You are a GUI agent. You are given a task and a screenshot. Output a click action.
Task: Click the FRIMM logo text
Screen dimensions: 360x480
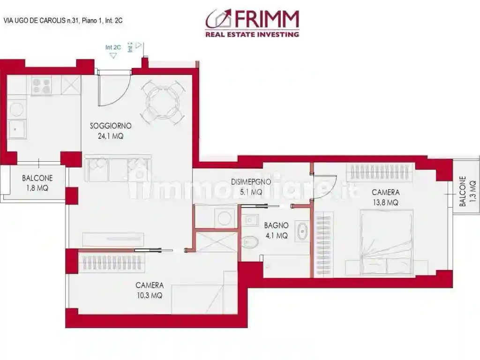[265, 19]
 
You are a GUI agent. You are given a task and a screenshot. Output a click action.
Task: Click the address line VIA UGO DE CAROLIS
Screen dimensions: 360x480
[63, 21]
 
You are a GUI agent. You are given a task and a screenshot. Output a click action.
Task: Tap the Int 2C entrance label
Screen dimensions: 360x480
[113, 47]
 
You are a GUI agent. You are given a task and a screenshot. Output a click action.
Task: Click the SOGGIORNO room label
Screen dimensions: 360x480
[111, 126]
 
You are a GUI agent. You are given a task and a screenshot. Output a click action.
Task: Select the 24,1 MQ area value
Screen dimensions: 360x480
[111, 136]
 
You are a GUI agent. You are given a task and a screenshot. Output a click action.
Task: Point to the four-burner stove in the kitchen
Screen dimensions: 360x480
[42, 85]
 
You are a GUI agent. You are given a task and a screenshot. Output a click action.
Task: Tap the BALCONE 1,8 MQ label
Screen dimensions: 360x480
[37, 183]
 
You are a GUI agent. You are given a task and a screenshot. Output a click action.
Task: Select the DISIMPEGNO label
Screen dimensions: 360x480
[250, 182]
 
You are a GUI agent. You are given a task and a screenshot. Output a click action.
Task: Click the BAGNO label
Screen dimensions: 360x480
[276, 225]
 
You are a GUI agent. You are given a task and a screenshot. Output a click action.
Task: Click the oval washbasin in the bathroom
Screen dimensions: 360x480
[302, 232]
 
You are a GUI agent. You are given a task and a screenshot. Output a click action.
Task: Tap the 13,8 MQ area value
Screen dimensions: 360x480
[385, 202]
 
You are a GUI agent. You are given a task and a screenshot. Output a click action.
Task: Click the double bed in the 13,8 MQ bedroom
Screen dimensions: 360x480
[387, 241]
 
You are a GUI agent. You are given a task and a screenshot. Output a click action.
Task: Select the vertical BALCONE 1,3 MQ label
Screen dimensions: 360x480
[467, 191]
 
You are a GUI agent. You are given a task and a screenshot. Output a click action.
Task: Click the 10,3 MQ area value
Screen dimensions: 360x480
[150, 295]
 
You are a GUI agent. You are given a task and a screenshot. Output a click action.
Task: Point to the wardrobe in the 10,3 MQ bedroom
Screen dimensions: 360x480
[112, 263]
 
